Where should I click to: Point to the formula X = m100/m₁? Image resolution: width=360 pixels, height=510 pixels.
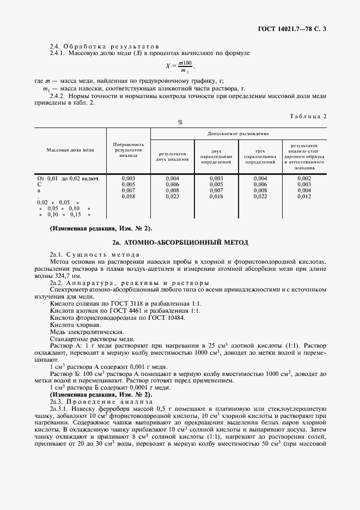pos(180,68)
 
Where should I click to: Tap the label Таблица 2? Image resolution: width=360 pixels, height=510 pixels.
pos(308,116)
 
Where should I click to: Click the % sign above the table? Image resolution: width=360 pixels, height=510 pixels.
pos(180,122)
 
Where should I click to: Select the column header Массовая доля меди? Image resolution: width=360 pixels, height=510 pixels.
pos(70,149)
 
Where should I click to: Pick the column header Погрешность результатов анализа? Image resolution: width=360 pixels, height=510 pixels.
pos(128,149)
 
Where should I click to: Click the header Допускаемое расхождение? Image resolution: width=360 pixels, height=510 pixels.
pos(237,133)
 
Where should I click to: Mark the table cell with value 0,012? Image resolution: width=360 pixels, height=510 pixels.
pos(304,197)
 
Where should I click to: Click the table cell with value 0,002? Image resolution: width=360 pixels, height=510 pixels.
pos(304,178)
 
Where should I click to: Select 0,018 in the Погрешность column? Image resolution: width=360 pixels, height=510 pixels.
pos(128,197)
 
